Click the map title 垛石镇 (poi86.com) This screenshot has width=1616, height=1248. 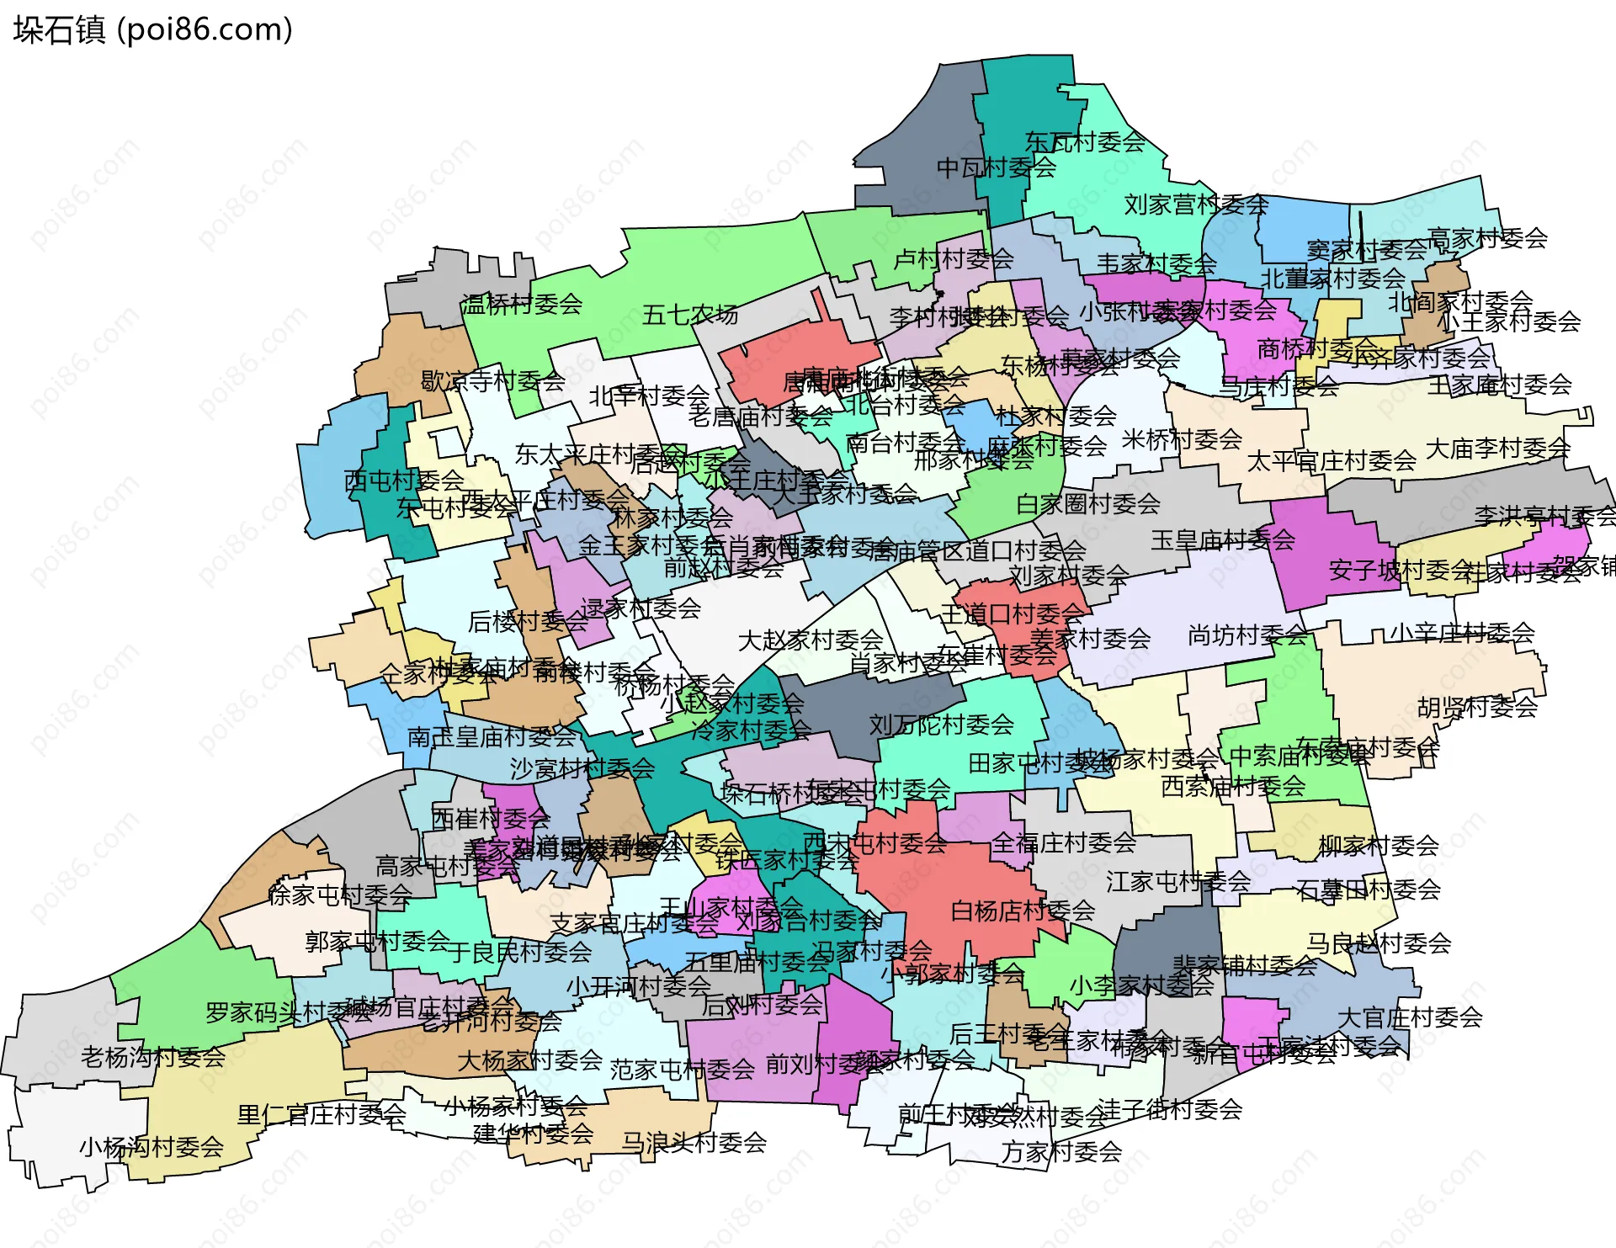(152, 29)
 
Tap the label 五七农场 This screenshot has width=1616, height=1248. (689, 315)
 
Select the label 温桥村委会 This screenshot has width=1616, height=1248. (521, 304)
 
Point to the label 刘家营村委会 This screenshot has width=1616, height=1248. (1196, 204)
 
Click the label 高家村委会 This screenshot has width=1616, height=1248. (1487, 238)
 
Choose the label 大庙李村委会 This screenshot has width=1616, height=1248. (1497, 449)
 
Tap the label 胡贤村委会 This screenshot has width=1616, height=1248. (1477, 707)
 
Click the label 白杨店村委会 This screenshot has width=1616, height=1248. (1023, 911)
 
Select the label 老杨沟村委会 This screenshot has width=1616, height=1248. (153, 1056)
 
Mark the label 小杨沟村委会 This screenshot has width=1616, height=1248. (151, 1146)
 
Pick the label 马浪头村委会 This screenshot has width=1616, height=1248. (694, 1142)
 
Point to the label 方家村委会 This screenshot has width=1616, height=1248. (1061, 1151)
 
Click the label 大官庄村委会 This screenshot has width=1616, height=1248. (1410, 1017)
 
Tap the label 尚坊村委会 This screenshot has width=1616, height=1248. (1247, 635)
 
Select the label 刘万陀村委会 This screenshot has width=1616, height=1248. (941, 725)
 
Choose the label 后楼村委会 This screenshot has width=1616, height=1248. (528, 621)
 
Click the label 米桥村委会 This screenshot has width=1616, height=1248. (1182, 439)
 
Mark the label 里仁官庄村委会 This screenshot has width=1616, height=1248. (322, 1115)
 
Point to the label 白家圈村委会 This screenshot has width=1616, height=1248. (1088, 504)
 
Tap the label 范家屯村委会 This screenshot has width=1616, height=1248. (682, 1070)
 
